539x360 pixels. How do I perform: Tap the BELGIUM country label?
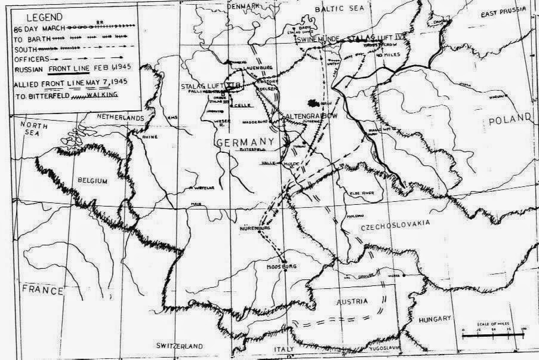tap(91, 180)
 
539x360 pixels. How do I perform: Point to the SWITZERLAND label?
tap(180, 346)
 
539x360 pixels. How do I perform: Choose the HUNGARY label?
tap(435, 319)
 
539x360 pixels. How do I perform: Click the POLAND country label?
tap(510, 119)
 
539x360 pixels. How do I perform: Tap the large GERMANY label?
tap(245, 142)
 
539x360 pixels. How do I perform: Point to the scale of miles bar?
tap(492, 335)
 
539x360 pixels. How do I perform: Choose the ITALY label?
tap(292, 349)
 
